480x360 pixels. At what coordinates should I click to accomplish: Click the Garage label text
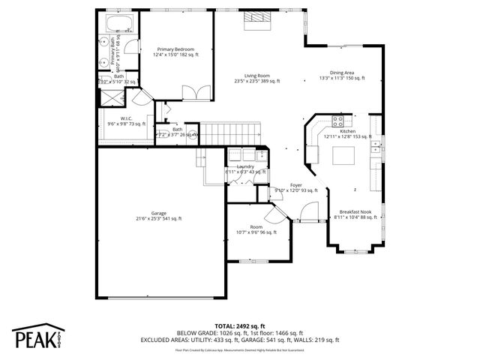158,216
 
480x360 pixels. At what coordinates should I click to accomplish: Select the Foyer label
296,187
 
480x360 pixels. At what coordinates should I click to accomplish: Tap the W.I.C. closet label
125,121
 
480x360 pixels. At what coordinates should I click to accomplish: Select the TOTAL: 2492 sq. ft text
240,325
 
